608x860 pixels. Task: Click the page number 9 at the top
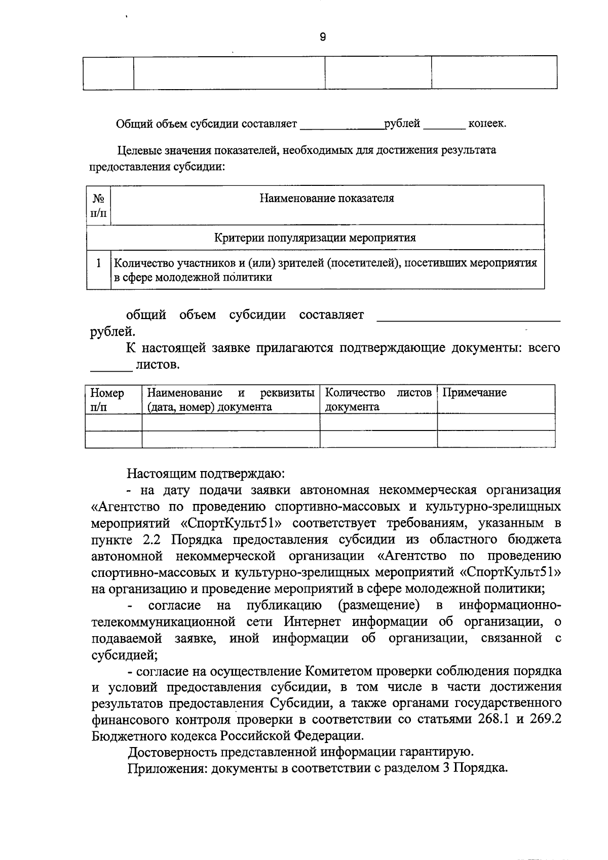[x=323, y=36]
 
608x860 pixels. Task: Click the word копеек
[x=486, y=124]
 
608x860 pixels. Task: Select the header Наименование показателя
[x=327, y=198]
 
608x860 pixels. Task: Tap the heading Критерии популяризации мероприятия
[x=315, y=238]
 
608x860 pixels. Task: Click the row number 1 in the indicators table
[x=99, y=263]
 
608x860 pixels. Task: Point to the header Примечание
[x=475, y=393]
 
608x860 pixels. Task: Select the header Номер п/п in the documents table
[x=107, y=399]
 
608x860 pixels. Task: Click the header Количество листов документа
[x=378, y=399]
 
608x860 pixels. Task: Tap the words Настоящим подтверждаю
[x=206, y=474]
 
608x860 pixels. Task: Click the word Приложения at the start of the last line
[x=167, y=768]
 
